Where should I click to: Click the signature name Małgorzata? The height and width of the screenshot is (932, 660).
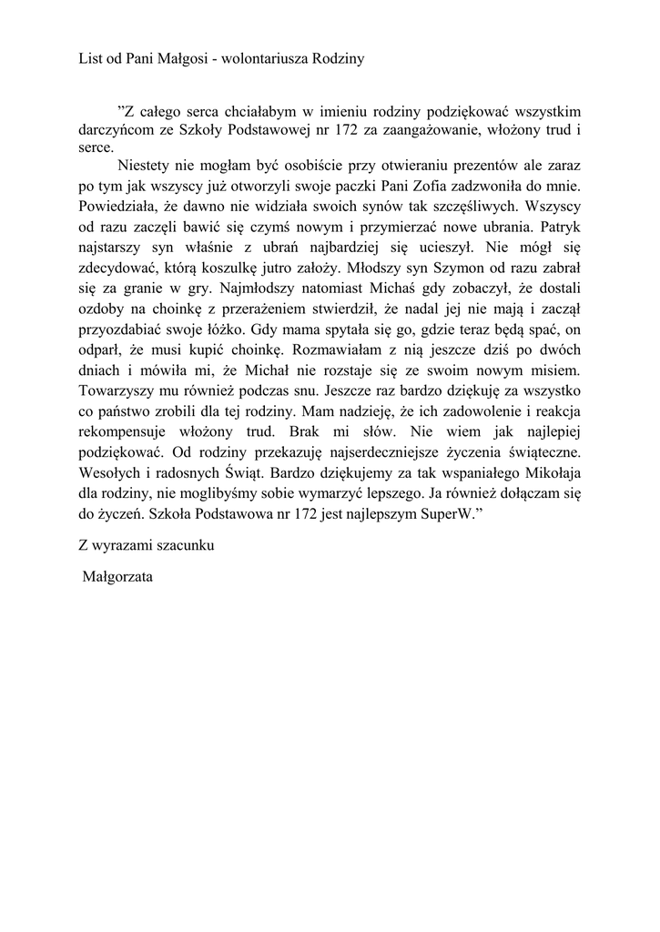click(118, 576)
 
